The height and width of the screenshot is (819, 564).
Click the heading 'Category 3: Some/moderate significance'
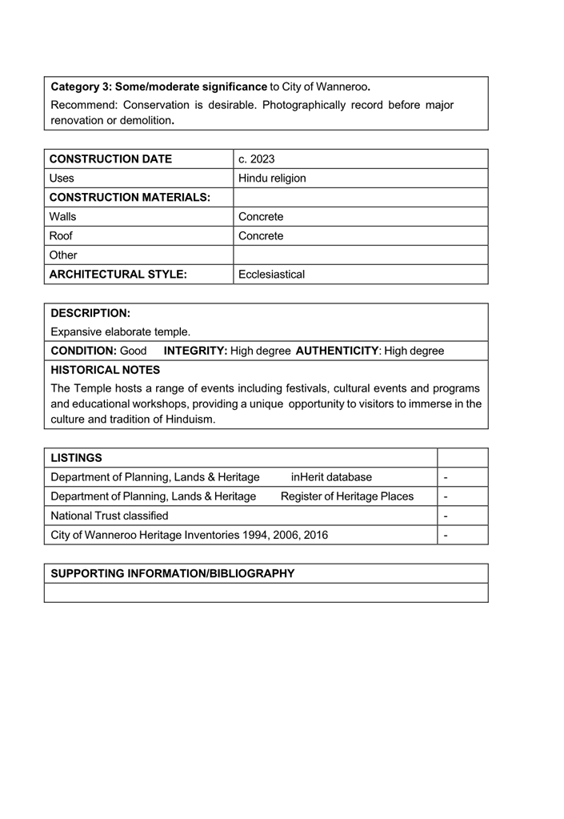[158, 86]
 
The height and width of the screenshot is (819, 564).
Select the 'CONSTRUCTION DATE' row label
[110, 159]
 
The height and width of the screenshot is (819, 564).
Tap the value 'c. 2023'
[256, 159]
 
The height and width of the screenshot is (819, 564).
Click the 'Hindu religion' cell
[272, 178]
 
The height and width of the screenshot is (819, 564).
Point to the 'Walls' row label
[63, 216]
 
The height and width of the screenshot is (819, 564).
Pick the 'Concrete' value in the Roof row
[261, 235]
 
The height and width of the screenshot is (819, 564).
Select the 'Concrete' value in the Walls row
[261, 216]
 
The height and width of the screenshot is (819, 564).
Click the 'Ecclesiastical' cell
[271, 274]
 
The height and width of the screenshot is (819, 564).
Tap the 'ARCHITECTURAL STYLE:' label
[118, 274]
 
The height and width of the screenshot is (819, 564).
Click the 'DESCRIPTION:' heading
[90, 312]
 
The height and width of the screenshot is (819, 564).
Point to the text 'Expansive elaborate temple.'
[121, 331]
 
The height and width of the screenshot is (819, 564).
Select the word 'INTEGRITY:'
[195, 351]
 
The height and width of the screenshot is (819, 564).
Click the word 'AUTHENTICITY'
[337, 351]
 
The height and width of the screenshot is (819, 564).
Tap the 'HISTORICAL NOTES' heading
[105, 370]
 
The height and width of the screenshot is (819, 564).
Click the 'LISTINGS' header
[76, 457]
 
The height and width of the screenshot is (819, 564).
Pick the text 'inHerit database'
[331, 477]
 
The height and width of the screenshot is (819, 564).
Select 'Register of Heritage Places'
[347, 496]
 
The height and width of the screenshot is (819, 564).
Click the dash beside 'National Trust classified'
[446, 516]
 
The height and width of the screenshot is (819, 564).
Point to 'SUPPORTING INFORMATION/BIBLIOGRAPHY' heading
[172, 573]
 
